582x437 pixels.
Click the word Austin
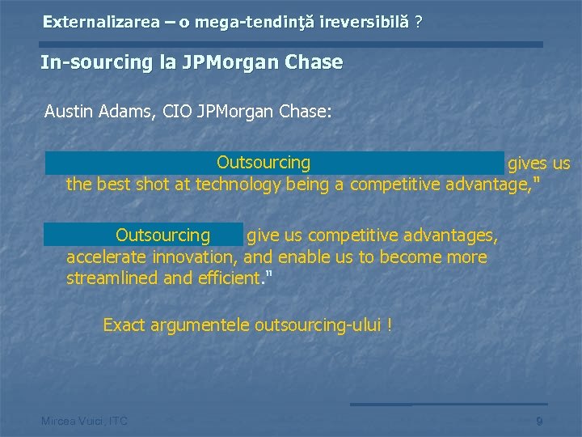70,111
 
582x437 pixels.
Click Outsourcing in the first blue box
264,163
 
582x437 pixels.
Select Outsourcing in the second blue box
162,235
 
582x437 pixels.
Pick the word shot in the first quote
154,184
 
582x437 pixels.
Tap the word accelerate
104,257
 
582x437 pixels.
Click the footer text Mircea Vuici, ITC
84,421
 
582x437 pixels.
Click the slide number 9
539,421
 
